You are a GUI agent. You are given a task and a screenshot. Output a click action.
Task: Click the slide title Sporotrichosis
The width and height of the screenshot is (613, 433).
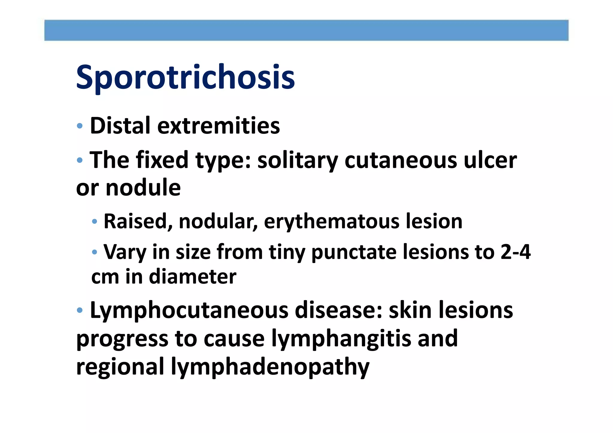coord(185,77)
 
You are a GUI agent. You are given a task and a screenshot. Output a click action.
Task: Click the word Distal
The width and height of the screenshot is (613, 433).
coord(120,126)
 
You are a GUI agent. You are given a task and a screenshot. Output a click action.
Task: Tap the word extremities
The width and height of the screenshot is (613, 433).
coord(219,126)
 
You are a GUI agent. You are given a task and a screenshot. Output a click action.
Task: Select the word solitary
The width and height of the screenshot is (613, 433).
coord(298,161)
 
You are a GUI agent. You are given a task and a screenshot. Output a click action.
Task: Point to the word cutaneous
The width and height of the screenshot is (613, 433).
coord(400,161)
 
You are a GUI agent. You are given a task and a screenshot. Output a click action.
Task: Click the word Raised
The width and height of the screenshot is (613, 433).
coord(138,221)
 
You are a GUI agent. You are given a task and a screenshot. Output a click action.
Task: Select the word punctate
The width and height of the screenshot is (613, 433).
coord(353,252)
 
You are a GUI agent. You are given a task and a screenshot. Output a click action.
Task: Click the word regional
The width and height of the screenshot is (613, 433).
coord(120,367)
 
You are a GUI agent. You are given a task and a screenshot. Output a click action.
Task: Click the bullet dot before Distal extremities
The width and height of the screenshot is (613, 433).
coord(80,126)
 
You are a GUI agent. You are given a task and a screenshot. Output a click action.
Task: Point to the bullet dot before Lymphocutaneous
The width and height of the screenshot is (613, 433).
coord(80,310)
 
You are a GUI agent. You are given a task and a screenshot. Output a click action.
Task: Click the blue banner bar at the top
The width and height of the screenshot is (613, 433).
coord(306,30)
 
